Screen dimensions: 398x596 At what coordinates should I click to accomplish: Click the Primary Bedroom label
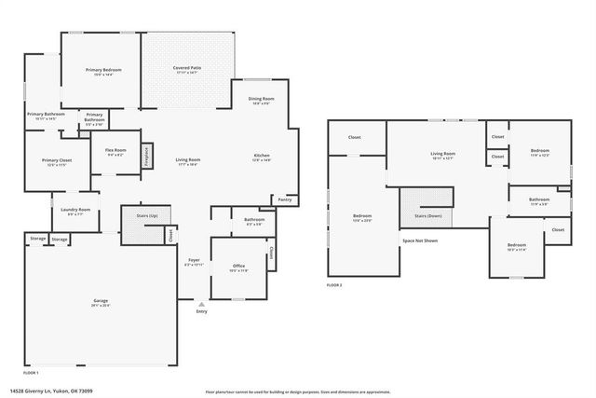tap(103, 71)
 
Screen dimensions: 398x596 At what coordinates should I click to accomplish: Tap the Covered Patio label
tap(187, 68)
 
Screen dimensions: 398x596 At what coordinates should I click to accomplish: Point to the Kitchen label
tap(262, 156)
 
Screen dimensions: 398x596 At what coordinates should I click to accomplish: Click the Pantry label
tap(284, 199)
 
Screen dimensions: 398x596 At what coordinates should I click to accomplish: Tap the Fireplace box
tap(146, 155)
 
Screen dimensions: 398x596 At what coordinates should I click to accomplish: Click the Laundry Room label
tap(76, 210)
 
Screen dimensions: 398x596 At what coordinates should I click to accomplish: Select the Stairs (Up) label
tap(147, 215)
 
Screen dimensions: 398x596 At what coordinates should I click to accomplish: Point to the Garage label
tap(101, 301)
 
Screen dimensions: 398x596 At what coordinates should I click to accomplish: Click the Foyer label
tap(194, 260)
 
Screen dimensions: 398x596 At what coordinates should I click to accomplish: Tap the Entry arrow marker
tap(201, 304)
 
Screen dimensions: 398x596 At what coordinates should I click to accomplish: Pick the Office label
tap(238, 267)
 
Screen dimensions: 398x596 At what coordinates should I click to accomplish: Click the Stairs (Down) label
tap(427, 215)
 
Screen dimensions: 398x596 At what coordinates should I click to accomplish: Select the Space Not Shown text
tap(419, 240)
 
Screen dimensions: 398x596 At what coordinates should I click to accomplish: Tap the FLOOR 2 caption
tap(334, 284)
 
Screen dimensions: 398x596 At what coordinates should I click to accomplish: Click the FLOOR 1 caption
tap(30, 371)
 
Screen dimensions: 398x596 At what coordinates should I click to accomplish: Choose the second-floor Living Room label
tap(442, 154)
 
